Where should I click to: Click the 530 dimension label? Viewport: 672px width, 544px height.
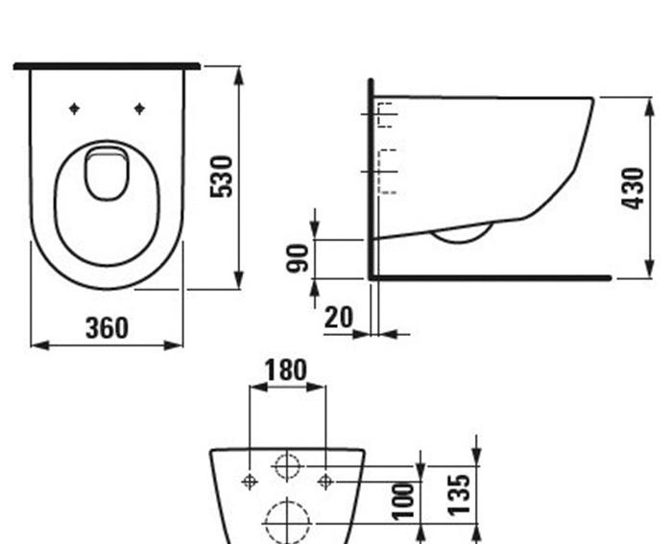coord(223,176)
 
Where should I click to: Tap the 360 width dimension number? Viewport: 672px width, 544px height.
coord(107,328)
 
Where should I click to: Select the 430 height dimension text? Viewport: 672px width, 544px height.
coord(633,188)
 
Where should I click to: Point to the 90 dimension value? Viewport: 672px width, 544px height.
coord(300,258)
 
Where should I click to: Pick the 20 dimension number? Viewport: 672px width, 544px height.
coord(338,318)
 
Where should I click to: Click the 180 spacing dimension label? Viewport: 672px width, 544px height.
coord(286,370)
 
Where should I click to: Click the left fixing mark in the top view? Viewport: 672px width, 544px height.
coord(74,108)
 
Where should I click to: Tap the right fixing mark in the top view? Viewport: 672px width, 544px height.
coord(139,108)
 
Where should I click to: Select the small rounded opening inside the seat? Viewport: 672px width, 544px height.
coord(107,173)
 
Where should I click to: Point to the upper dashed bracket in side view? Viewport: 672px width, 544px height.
coord(386,114)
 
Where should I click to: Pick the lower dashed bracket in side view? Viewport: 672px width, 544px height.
coord(386,172)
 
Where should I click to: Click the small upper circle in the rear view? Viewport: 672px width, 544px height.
coord(287,467)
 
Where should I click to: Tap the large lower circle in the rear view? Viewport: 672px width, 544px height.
coord(287,521)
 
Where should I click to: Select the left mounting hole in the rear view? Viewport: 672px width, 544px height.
coord(250,481)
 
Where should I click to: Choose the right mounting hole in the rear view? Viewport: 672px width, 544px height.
coord(324,481)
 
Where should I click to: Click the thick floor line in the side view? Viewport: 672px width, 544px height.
coord(490,278)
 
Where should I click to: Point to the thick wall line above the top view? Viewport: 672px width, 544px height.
coord(107,66)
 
